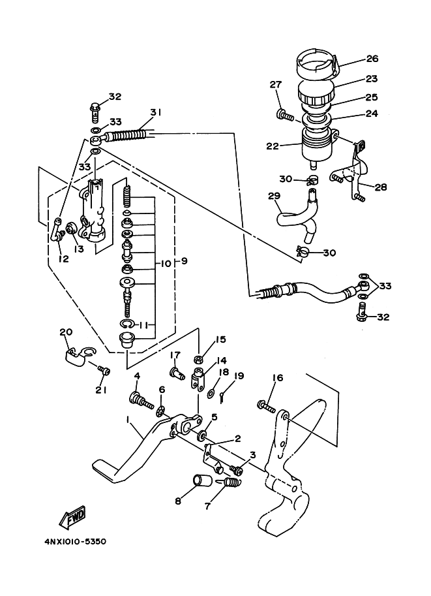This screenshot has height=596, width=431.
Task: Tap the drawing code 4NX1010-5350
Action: (x=75, y=541)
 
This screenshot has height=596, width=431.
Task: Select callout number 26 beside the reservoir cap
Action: (x=372, y=59)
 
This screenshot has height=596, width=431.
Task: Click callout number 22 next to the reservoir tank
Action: (x=273, y=146)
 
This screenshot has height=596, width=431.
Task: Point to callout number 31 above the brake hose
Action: (x=155, y=112)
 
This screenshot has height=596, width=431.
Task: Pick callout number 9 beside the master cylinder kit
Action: (x=183, y=262)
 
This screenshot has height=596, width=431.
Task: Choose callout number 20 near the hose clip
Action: (x=66, y=332)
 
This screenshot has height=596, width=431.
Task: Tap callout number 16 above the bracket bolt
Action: (x=278, y=377)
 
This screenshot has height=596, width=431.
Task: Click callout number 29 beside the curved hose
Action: (x=274, y=196)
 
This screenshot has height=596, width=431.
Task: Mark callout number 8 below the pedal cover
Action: (x=178, y=501)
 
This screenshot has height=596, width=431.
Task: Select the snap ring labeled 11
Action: (x=127, y=324)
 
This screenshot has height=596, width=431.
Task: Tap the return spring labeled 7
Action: (x=231, y=482)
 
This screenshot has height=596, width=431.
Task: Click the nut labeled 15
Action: (x=198, y=359)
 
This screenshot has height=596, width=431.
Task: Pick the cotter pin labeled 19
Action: (x=223, y=397)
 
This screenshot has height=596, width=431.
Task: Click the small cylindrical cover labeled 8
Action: (x=202, y=480)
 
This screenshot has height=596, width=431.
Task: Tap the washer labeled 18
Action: (x=211, y=392)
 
